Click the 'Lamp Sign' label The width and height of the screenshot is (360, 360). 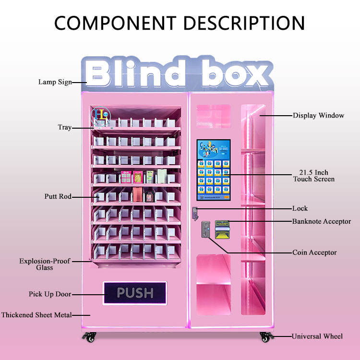[x=55, y=82]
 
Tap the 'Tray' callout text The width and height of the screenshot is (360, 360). [x=65, y=128]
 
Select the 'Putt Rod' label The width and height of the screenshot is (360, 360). [x=58, y=197]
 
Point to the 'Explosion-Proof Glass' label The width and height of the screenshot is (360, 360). [x=44, y=264]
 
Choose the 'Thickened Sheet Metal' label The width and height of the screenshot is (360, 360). [x=36, y=315]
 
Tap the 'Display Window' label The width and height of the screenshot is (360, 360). [x=319, y=116]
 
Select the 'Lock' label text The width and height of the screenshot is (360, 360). [x=300, y=209]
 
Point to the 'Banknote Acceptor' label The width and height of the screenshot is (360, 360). [x=321, y=222]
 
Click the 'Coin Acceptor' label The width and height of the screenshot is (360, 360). [x=314, y=252]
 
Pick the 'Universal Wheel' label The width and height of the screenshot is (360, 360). [x=317, y=336]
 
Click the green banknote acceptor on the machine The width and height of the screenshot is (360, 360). [x=222, y=224]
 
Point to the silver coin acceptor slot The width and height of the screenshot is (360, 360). [x=205, y=229]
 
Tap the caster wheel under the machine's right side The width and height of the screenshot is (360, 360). [x=265, y=336]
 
